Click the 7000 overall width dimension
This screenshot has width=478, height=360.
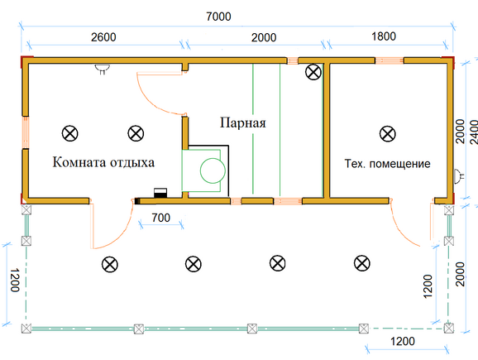218,17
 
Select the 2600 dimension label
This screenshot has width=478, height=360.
103,37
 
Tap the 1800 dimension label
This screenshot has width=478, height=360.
384,36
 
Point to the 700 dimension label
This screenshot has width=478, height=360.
161,218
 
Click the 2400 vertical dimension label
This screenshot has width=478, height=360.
474,132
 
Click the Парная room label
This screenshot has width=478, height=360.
243,122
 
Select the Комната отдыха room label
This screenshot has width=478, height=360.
103,162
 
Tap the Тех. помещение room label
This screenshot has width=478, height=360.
388,164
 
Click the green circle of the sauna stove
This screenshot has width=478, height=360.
213,170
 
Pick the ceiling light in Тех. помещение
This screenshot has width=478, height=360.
388,133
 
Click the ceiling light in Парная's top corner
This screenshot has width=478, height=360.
313,72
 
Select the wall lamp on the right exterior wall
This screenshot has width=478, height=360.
459,176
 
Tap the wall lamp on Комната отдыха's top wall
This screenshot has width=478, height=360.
102,69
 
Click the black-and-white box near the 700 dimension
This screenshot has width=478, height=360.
160,193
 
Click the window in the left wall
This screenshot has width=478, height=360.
26,132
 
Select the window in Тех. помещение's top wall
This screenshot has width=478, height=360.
390,60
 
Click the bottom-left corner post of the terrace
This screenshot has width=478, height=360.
26,329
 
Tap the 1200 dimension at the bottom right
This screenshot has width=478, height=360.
403,341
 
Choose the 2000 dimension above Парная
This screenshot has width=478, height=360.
264,37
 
